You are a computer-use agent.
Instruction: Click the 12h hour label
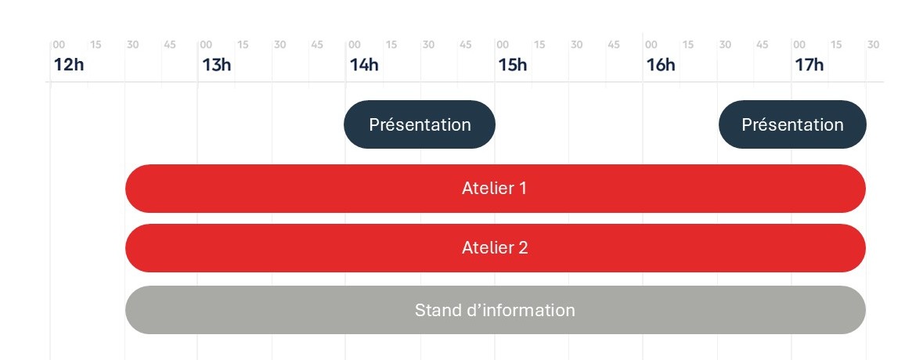[68, 65]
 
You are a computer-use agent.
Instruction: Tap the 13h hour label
[216, 65]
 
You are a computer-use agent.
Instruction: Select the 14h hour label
[364, 65]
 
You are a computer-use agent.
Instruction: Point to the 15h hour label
[512, 65]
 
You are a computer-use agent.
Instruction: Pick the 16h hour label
[661, 65]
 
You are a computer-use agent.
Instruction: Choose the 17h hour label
[809, 65]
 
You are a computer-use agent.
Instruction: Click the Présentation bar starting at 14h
[420, 124]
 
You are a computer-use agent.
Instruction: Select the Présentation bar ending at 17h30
[792, 124]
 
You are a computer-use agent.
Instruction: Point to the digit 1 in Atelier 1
[522, 189]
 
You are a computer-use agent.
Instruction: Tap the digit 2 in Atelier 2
[523, 248]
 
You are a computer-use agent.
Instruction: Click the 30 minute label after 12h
[133, 45]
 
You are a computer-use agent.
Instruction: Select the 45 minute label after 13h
[317, 45]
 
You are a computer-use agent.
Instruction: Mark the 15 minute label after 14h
[391, 45]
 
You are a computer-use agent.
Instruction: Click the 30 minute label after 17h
[873, 45]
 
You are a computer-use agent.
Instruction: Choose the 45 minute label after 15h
[614, 45]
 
